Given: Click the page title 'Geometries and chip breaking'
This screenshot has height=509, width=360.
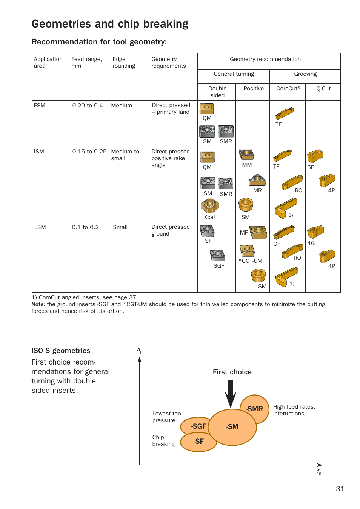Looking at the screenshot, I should pyautogui.click(x=110, y=24).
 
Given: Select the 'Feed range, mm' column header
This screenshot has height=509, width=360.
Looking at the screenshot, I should pyautogui.click(x=87, y=63).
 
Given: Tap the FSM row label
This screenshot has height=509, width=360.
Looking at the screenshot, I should pyautogui.click(x=40, y=106).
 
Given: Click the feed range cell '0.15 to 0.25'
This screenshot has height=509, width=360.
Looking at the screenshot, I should pyautogui.click(x=89, y=152).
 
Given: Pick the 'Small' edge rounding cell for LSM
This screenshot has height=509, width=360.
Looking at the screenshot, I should pyautogui.click(x=120, y=227).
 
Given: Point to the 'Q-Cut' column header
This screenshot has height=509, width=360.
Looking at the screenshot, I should pyautogui.click(x=323, y=89).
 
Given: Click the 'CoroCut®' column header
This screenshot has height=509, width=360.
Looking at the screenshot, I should pyautogui.click(x=288, y=89).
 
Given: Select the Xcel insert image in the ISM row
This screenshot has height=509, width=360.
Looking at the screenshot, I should pyautogui.click(x=209, y=206).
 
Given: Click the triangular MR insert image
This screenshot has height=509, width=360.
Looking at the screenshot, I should pyautogui.click(x=257, y=180).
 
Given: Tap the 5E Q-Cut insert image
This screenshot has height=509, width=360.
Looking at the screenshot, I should pyautogui.click(x=315, y=156).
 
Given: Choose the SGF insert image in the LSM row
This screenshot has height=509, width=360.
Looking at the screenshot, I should pyautogui.click(x=218, y=255).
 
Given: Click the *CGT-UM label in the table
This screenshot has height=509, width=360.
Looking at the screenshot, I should pyautogui.click(x=250, y=261).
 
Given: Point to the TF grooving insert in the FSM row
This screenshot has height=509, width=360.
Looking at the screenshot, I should pyautogui.click(x=285, y=113).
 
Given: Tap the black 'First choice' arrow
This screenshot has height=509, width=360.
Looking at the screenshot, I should pyautogui.click(x=230, y=393).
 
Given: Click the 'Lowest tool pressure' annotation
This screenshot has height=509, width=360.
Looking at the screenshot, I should pyautogui.click(x=167, y=417).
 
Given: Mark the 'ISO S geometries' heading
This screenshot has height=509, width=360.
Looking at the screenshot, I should pyautogui.click(x=61, y=351).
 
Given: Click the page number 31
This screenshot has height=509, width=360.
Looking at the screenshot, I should pyautogui.click(x=340, y=489).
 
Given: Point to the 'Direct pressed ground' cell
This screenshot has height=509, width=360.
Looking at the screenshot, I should pyautogui.click(x=171, y=230).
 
